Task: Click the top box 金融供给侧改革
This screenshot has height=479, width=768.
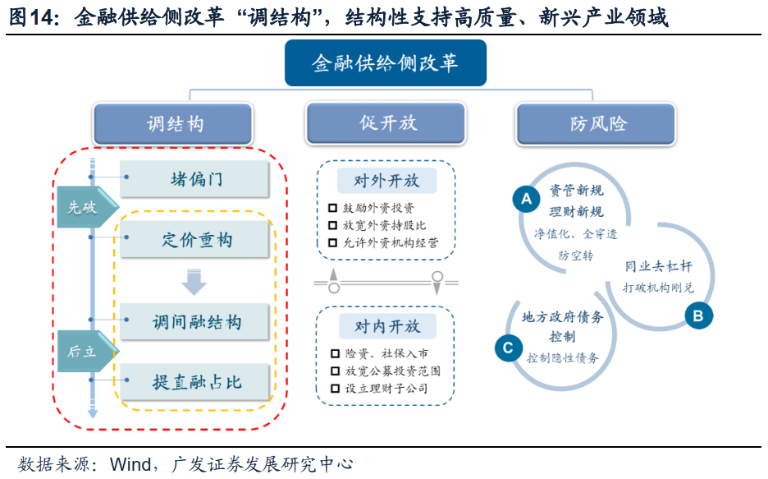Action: [385, 63]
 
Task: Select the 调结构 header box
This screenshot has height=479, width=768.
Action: [175, 124]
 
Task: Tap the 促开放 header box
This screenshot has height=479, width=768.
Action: [387, 123]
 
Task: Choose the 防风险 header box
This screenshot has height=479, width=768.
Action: [597, 123]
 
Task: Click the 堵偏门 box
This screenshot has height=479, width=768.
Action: [195, 179]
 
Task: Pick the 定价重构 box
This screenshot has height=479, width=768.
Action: [195, 241]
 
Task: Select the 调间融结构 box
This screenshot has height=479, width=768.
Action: [195, 321]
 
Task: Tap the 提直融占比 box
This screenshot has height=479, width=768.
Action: [195, 382]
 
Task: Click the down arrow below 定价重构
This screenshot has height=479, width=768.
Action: [194, 282]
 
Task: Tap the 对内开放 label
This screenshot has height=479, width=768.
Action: [386, 326]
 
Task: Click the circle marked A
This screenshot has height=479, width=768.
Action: [526, 198]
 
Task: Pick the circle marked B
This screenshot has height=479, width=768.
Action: [698, 315]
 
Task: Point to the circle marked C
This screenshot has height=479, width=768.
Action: [508, 348]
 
